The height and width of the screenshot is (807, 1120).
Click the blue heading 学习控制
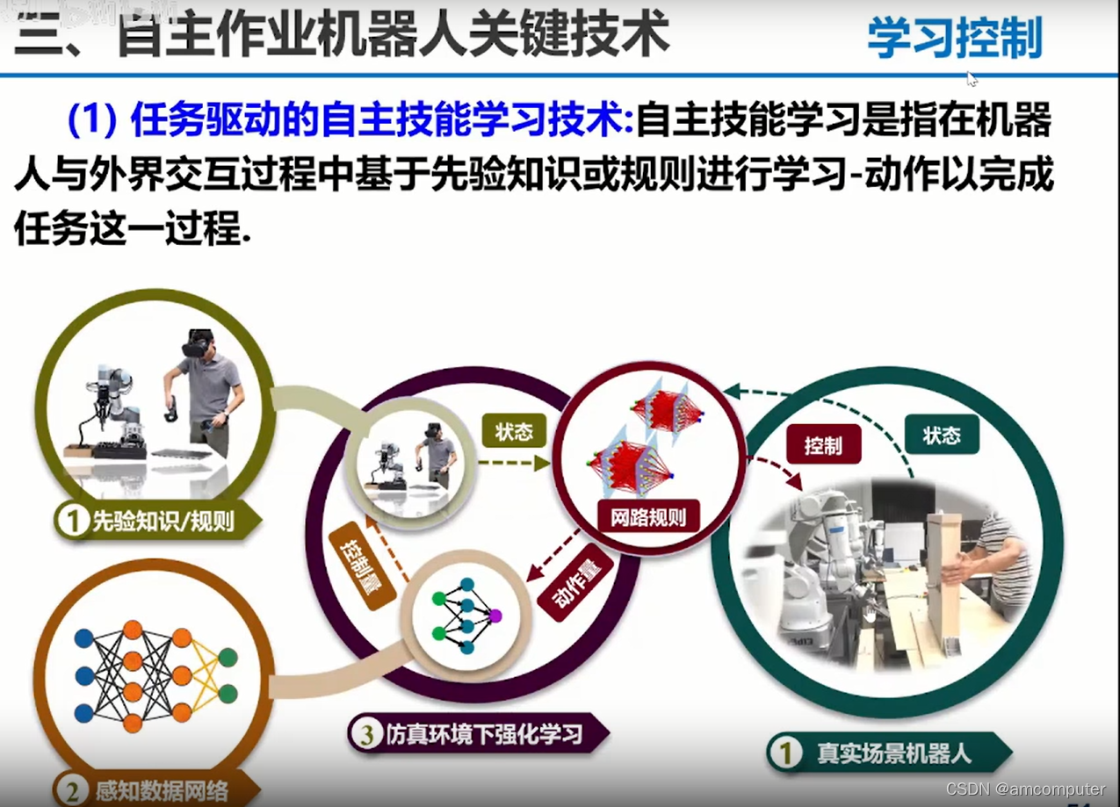pos(954,38)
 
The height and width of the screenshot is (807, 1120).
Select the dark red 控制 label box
pos(823,445)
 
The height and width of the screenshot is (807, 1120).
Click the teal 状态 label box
pos(942,436)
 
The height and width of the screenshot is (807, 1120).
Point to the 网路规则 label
pos(648,516)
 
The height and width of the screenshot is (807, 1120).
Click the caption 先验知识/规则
pos(163,522)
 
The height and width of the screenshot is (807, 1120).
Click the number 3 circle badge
pos(365,733)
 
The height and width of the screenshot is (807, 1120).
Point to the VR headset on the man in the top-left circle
pos(198,343)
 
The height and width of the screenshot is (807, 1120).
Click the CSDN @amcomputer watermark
pos(1025,789)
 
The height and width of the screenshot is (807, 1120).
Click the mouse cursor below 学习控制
pos(972,79)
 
